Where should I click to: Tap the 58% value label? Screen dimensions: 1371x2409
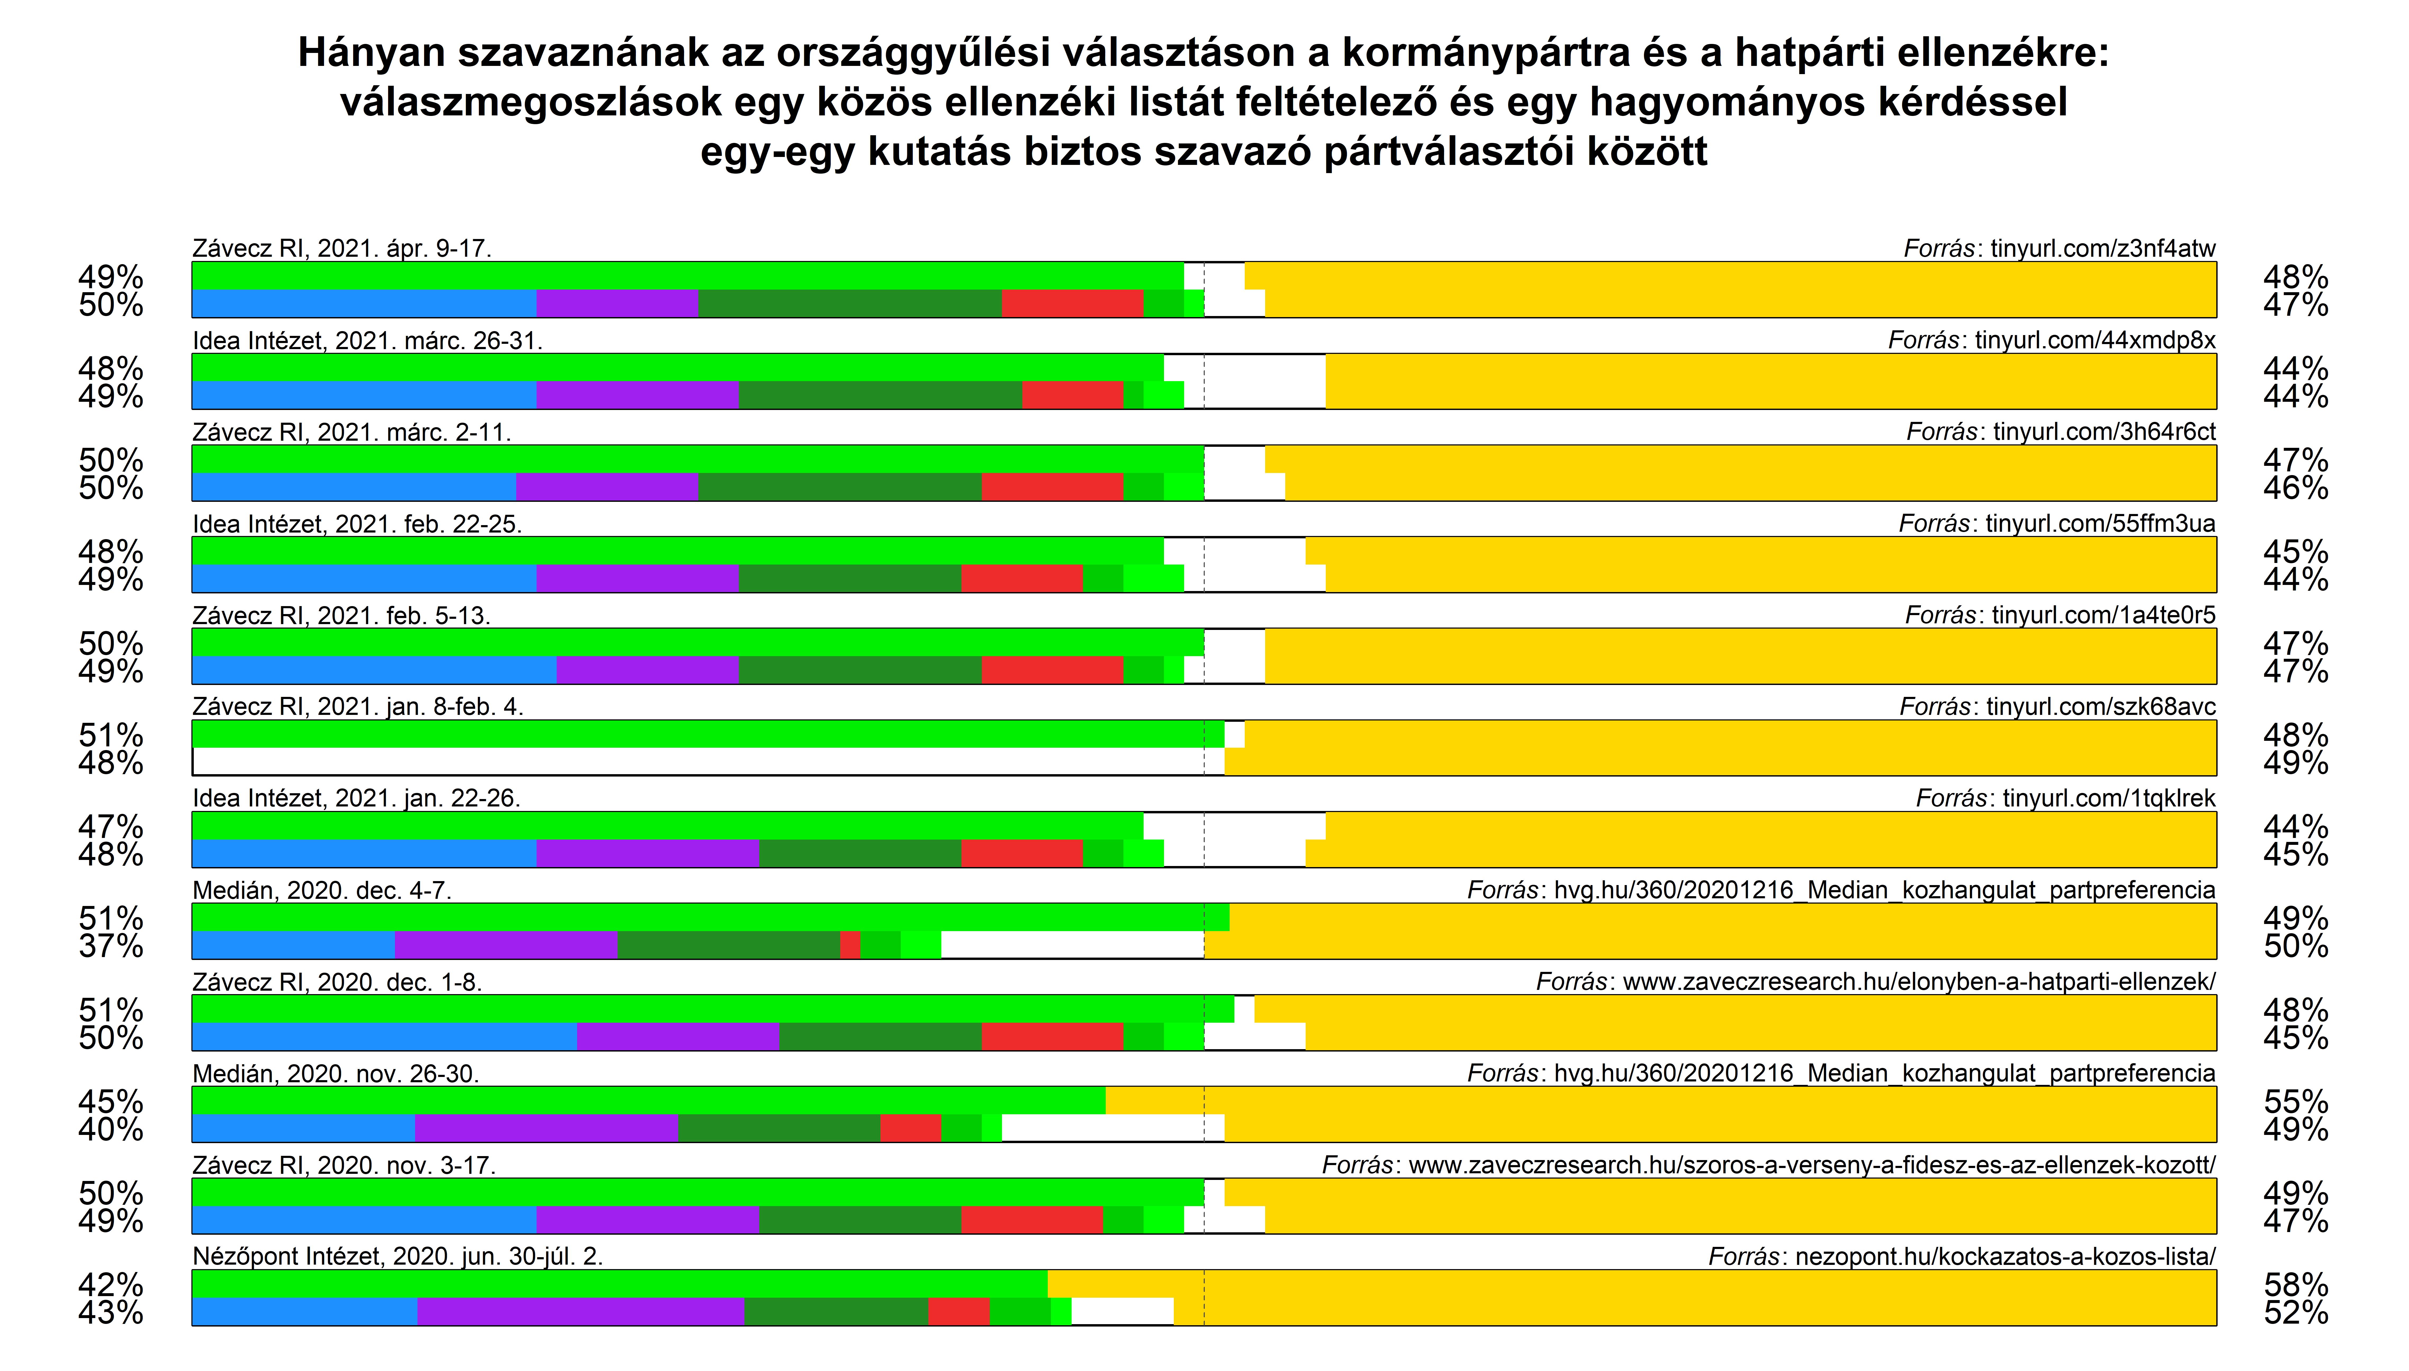click(x=2295, y=1284)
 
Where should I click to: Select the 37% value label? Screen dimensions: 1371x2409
click(x=111, y=945)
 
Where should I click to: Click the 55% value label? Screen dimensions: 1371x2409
click(x=2295, y=1101)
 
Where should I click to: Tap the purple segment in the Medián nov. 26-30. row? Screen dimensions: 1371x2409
click(x=546, y=1128)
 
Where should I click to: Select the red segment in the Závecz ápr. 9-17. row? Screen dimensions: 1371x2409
click(x=1073, y=303)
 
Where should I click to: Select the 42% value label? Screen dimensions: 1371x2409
click(x=111, y=1284)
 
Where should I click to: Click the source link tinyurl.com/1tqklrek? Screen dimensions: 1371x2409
click(x=2109, y=799)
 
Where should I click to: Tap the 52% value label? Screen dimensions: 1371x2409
click(x=2295, y=1313)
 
